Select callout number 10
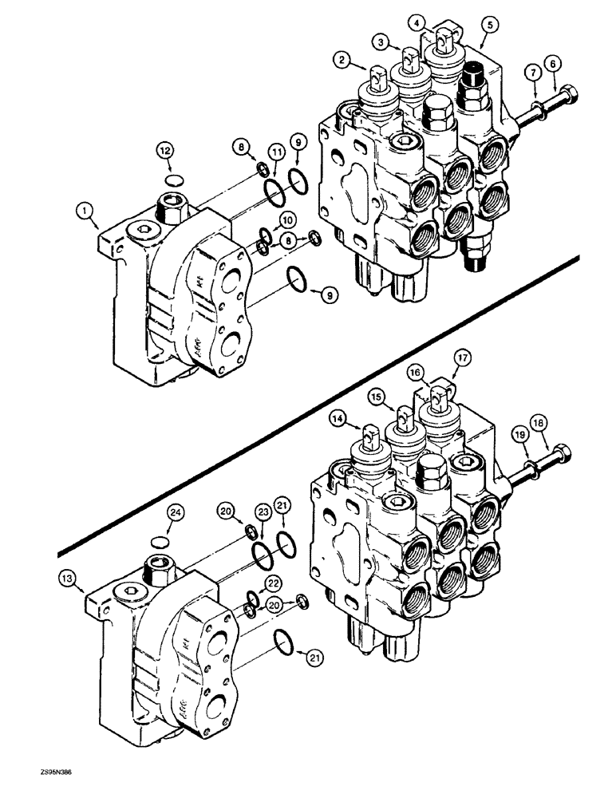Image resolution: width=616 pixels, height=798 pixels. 286,219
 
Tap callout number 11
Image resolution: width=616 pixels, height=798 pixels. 275,173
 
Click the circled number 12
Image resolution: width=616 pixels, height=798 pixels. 164,149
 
